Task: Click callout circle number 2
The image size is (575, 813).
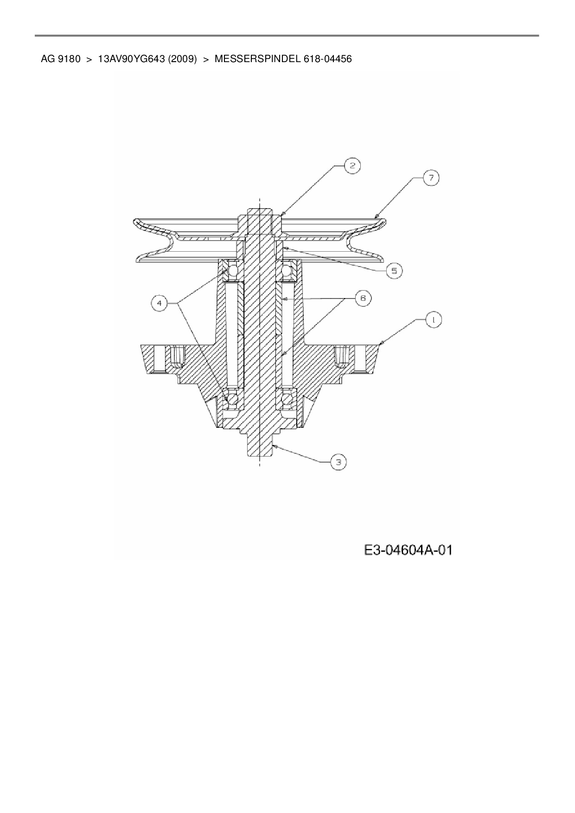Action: [352, 165]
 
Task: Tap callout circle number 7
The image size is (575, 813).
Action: [431, 178]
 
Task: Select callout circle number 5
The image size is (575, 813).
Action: [394, 271]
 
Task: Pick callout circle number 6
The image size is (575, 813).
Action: [363, 298]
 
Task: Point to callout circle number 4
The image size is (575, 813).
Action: [160, 303]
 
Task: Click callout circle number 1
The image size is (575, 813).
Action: [434, 320]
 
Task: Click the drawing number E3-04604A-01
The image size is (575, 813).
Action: [408, 550]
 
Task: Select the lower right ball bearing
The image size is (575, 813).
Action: [288, 399]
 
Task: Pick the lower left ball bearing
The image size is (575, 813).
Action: [231, 399]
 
